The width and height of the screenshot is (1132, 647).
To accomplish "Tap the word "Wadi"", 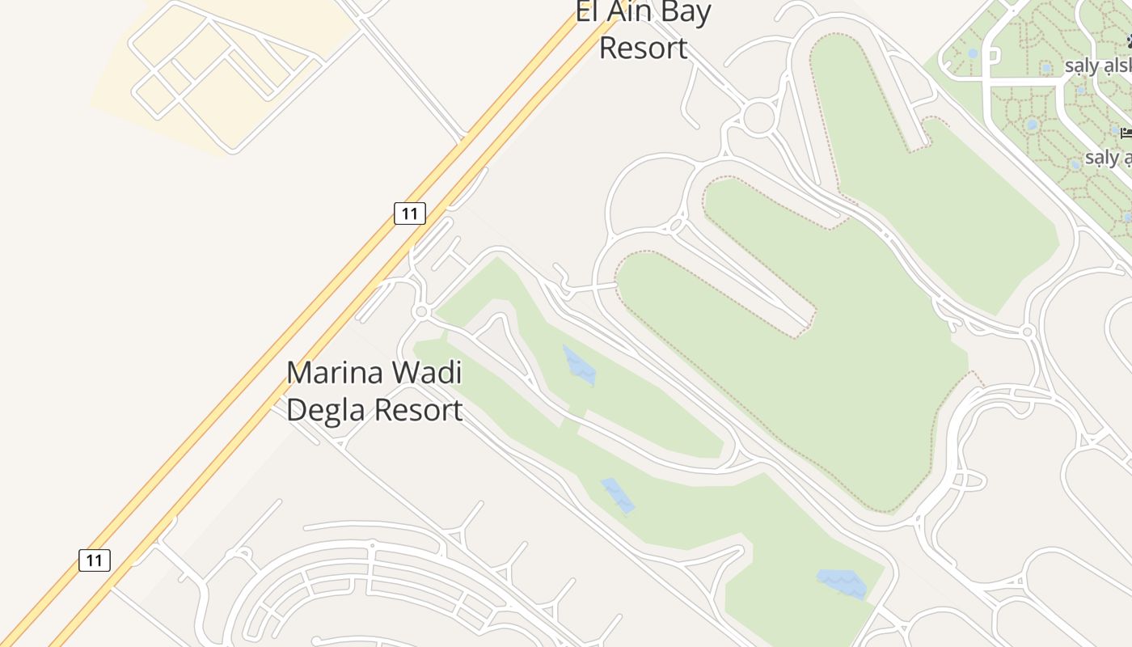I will (x=425, y=374).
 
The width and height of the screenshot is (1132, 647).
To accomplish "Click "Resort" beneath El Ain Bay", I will (x=643, y=49).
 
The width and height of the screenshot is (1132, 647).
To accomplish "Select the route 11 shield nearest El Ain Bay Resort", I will (x=410, y=214).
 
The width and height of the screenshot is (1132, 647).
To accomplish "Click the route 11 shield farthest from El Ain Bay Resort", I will (x=95, y=560).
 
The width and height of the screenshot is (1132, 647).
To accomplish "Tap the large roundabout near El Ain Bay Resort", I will (x=758, y=117).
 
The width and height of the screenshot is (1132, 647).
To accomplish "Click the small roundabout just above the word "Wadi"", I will (x=420, y=311).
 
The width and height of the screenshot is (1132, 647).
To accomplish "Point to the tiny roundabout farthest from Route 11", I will (x=1027, y=332).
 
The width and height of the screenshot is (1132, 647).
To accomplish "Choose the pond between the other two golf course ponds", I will (x=618, y=496).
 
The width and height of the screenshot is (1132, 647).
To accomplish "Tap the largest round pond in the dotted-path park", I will (x=1032, y=125).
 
